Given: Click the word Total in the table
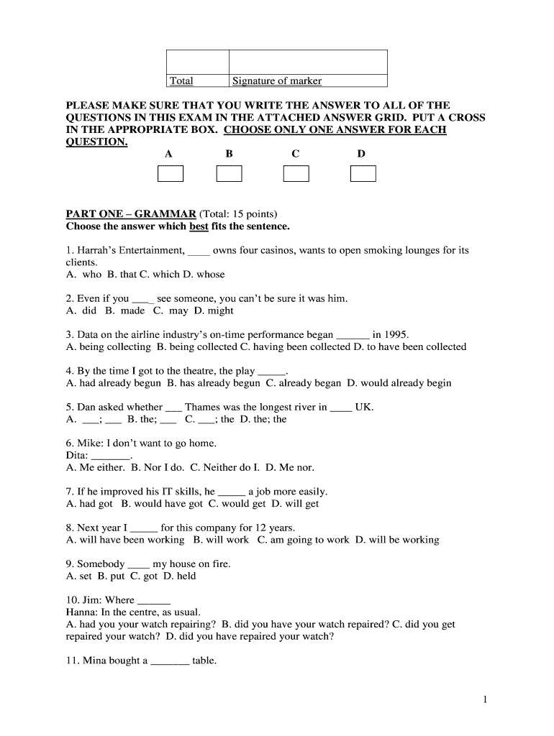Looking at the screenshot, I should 181,81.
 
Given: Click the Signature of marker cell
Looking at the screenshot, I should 277,81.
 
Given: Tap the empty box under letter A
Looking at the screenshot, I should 171,174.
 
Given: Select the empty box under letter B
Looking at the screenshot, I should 230,174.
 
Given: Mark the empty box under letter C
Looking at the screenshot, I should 296,174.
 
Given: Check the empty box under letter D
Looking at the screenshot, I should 363,174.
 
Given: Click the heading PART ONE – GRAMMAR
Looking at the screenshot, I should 131,214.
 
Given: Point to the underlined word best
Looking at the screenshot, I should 199,226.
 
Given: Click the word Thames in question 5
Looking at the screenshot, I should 202,407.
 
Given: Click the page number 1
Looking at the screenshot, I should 486,699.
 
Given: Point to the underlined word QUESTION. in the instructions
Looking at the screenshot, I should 96,142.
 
